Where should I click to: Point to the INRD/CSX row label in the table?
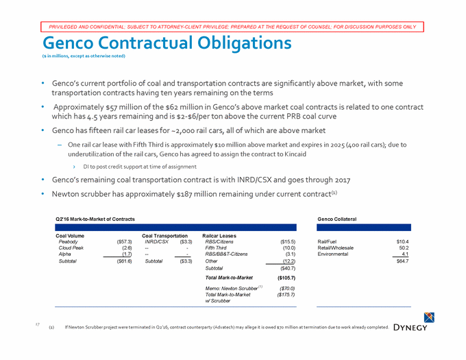pos(156,241)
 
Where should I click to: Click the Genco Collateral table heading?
pos(337,218)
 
